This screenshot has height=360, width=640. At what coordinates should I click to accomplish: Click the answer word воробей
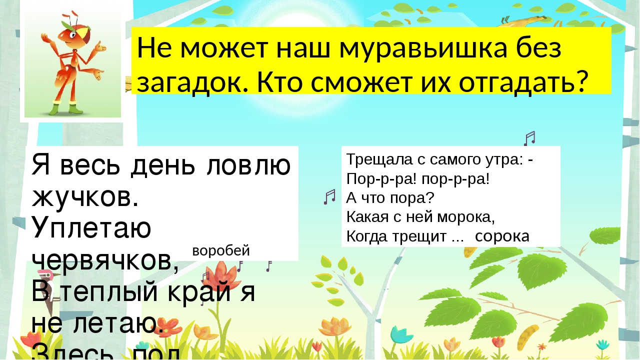pos(220,250)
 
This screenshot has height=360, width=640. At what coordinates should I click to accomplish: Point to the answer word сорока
pos(502,236)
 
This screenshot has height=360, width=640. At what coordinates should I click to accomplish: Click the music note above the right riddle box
pos(529,137)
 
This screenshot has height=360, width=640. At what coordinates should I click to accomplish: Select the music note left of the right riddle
pos(329,196)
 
